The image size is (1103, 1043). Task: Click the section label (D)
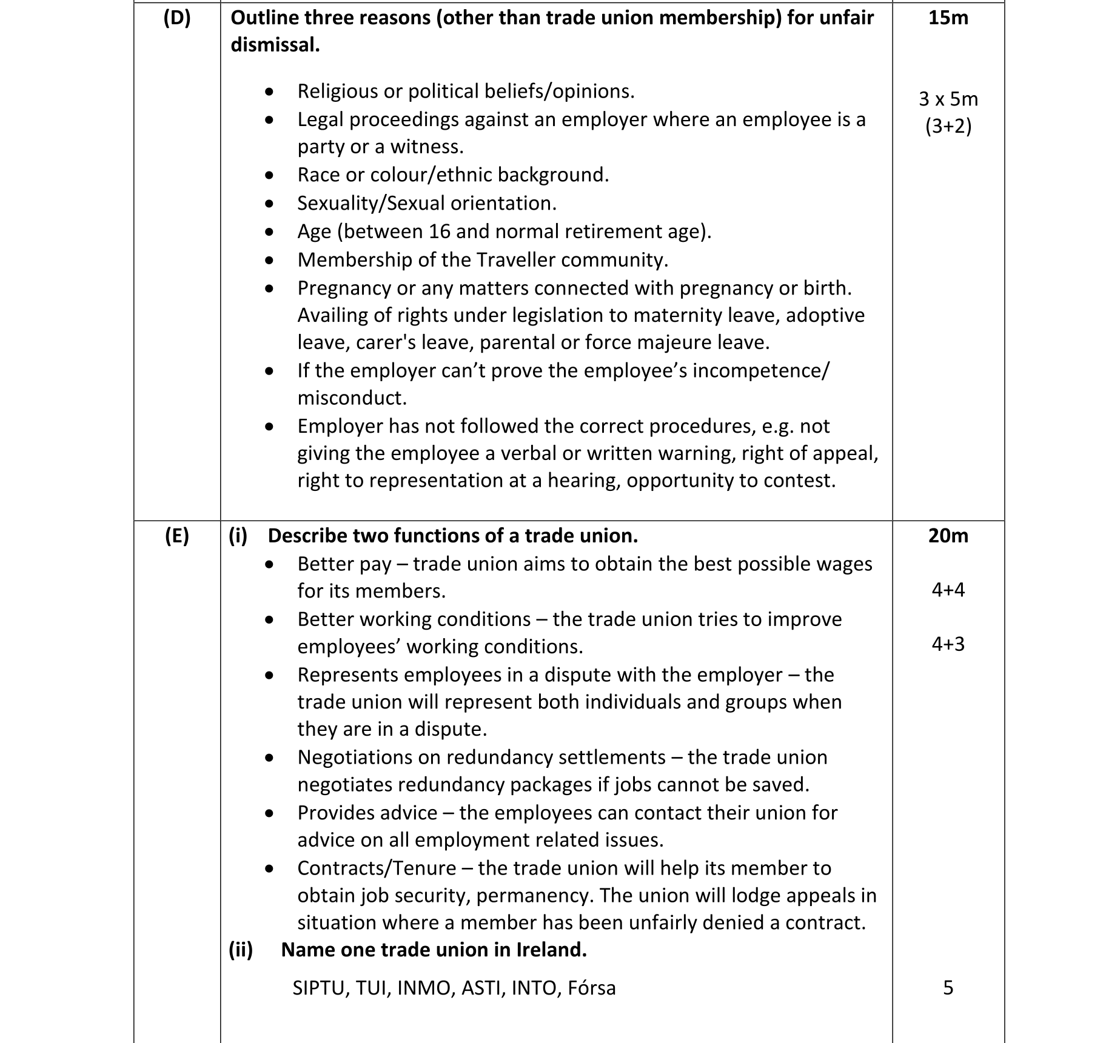(177, 18)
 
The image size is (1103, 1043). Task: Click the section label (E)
(177, 536)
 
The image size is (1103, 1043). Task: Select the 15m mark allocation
(948, 18)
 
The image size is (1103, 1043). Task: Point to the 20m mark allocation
(948, 536)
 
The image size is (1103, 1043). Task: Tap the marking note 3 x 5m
(948, 99)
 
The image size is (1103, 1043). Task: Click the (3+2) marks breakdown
(948, 126)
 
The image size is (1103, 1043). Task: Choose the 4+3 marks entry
(948, 644)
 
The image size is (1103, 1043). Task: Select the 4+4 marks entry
(948, 590)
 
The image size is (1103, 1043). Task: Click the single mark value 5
(948, 988)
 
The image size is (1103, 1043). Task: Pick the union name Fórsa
(591, 988)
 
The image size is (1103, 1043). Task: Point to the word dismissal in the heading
(275, 45)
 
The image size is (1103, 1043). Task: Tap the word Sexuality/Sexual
(371, 203)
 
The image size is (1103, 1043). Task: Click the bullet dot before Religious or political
(269, 92)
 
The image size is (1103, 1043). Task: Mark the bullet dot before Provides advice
(269, 813)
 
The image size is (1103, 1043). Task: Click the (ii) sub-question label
(241, 950)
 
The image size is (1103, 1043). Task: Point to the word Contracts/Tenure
(377, 868)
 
